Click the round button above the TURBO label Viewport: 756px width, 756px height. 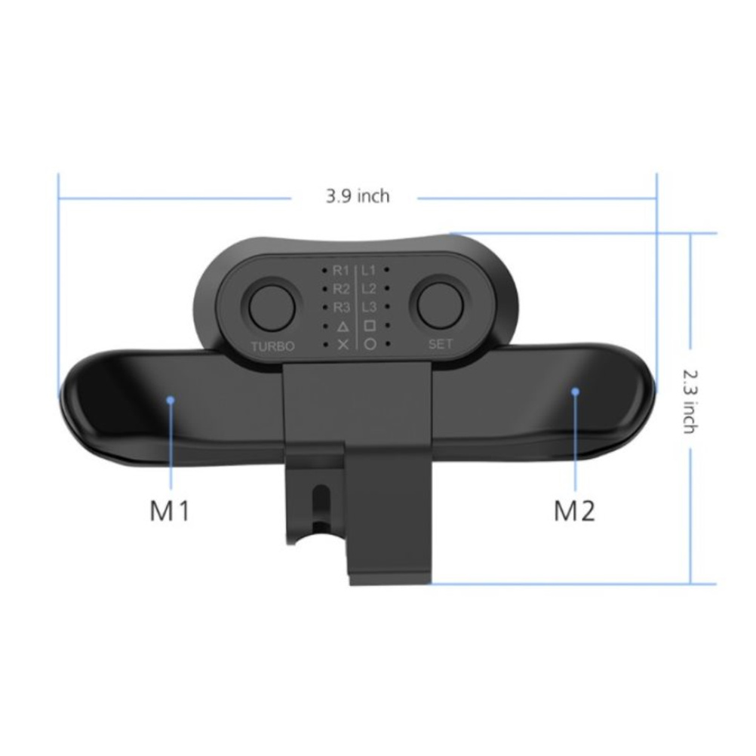pos(272,307)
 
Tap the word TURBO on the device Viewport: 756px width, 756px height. pos(272,346)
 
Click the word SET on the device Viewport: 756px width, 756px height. pos(441,344)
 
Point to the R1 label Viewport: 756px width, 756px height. pos(341,271)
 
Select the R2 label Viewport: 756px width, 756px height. pos(341,289)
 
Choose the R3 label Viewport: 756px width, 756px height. pos(341,308)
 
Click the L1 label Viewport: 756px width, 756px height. pos(368,271)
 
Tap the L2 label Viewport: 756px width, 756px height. pos(369,289)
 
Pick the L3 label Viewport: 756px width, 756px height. pos(369,307)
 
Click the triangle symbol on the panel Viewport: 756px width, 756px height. pos(343,327)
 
